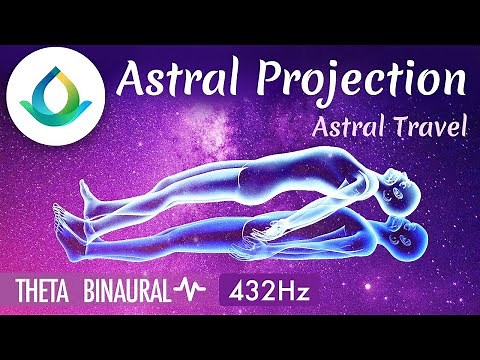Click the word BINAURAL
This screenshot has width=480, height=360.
coord(127,292)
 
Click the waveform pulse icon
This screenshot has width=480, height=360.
coord(191,292)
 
